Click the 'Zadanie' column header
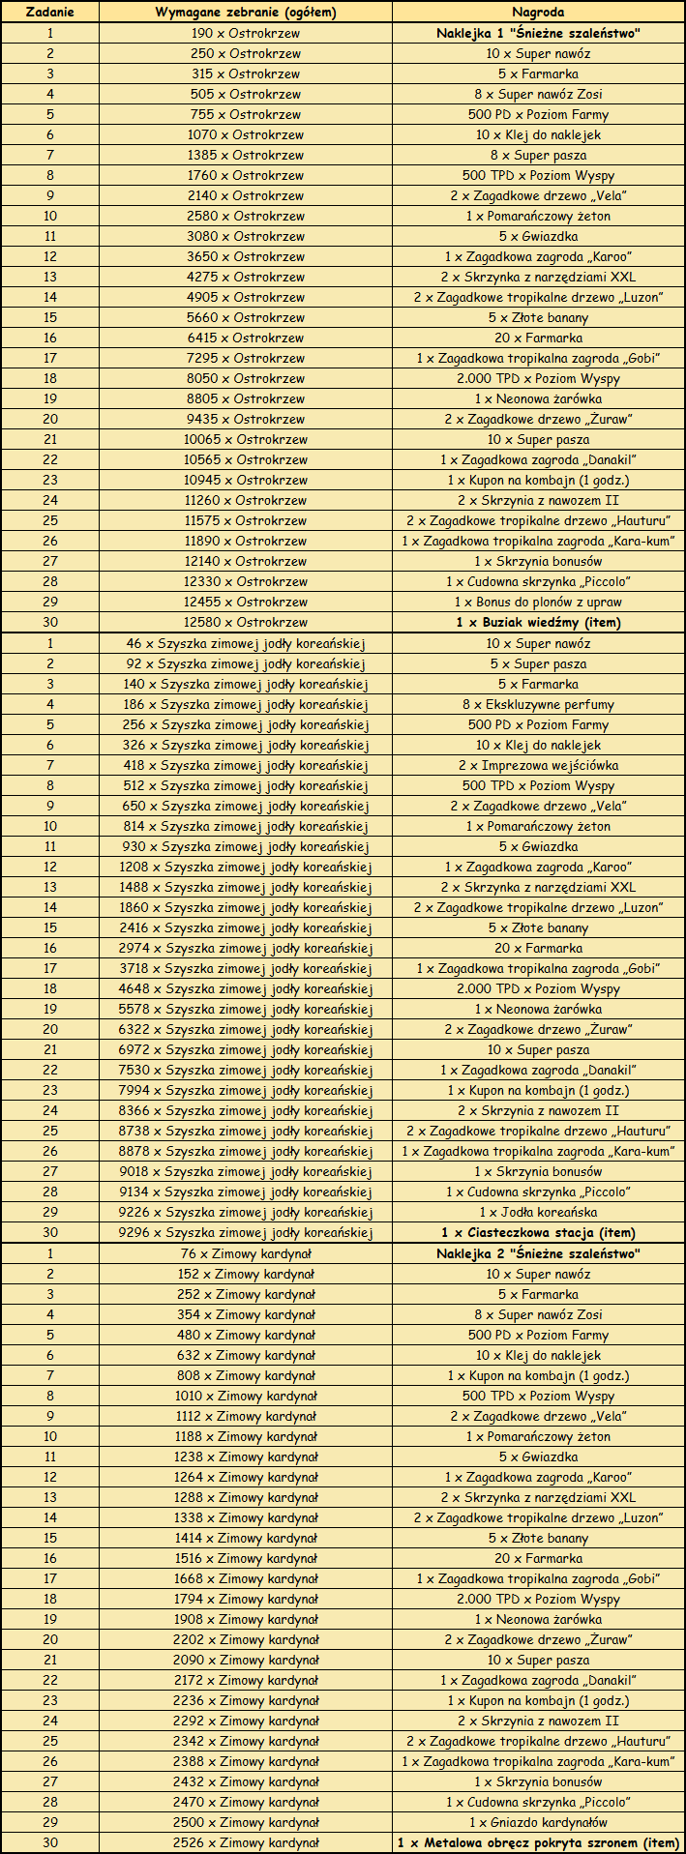(x=49, y=13)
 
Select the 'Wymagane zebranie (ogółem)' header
(x=246, y=13)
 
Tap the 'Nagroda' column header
(x=538, y=13)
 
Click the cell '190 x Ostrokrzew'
(x=246, y=33)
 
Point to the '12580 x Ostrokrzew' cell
(x=246, y=622)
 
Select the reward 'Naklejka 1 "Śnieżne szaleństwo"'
(x=538, y=33)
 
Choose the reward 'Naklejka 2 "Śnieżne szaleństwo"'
(x=538, y=1253)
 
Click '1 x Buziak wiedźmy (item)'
(x=538, y=622)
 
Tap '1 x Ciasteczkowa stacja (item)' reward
(x=538, y=1232)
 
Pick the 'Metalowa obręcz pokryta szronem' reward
(x=538, y=1842)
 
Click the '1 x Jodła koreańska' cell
(x=538, y=1212)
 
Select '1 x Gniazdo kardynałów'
(x=538, y=1822)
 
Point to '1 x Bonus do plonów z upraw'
(x=538, y=602)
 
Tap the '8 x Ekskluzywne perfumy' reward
(x=538, y=704)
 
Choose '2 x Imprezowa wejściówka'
(x=538, y=765)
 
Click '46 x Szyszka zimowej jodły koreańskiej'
(x=246, y=643)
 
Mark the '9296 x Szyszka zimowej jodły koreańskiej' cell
(x=246, y=1232)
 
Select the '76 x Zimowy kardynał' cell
(x=246, y=1253)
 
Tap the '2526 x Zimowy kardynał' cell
(x=246, y=1842)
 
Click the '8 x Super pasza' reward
(x=538, y=155)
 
